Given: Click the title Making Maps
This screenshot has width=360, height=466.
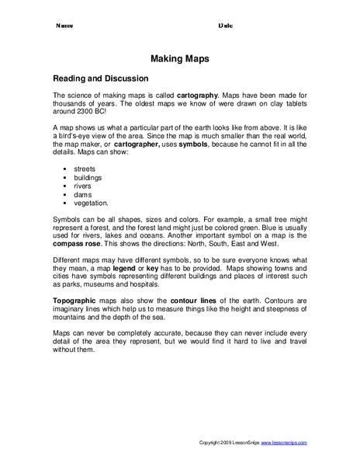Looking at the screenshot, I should (179, 57).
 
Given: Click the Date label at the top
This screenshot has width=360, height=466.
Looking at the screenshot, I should (226, 26).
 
